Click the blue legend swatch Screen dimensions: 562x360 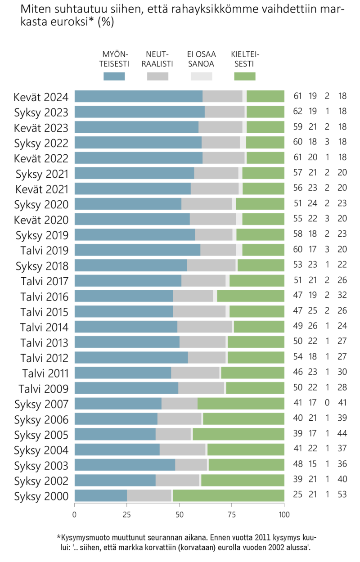tap(114, 76)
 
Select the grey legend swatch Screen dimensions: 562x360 tap(157, 76)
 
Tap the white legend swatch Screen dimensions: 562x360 tap(201, 76)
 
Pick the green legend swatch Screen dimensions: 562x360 tap(244, 76)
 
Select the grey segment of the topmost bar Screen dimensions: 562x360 tap(222, 96)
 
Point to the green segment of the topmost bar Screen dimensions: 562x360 tap(265, 96)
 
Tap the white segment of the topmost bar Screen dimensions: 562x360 tap(244, 96)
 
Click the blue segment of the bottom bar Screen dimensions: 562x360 tap(100, 495)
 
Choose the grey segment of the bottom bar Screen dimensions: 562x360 tap(149, 495)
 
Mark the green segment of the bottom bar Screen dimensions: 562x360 tap(229, 495)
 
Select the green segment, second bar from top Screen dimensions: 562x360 tap(265, 112)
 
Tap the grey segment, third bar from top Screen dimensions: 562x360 tap(220, 127)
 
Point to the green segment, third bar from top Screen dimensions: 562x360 tap(265, 127)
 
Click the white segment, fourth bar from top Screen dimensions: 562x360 tap(243, 142)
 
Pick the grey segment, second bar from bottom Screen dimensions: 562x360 tap(177, 480)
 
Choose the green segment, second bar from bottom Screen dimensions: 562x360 tap(243, 480)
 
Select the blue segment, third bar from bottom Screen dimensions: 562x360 tap(125, 465)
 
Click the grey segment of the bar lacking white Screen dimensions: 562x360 tap(179, 404)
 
